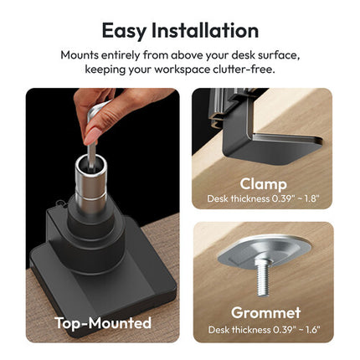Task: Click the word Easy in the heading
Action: click(124, 31)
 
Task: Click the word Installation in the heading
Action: click(205, 30)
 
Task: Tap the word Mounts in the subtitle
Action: click(80, 55)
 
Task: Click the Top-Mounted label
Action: click(103, 323)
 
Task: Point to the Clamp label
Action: click(263, 184)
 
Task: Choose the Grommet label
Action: click(265, 312)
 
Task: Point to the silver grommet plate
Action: click(265, 250)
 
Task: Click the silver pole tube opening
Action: click(91, 162)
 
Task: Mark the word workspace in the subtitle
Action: click(182, 69)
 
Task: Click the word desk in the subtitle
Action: click(243, 55)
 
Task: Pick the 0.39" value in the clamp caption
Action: click(280, 198)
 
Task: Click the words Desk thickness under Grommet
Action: click(239, 330)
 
